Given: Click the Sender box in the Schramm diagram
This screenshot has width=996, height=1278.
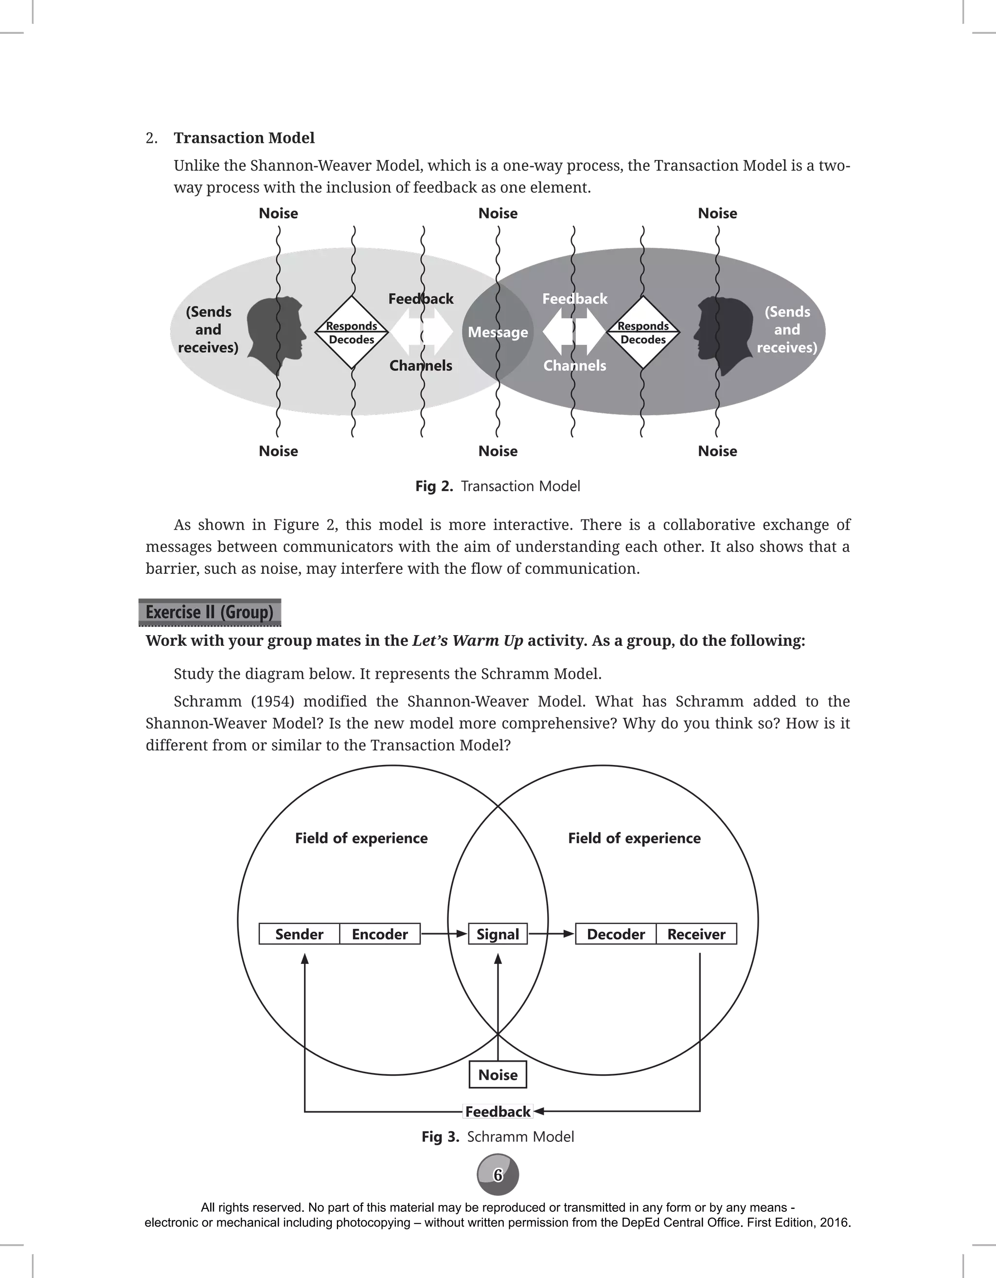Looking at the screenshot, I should (299, 934).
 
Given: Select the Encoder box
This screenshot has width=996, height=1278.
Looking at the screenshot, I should (380, 934).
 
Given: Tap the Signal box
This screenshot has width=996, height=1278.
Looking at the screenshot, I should (498, 934).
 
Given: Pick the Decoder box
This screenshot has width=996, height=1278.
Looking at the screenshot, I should (616, 934).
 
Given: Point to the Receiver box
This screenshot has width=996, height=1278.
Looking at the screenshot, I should (696, 934).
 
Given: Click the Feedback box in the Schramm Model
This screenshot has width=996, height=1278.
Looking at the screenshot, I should (498, 1111).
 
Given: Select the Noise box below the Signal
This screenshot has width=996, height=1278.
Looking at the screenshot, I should (498, 1075).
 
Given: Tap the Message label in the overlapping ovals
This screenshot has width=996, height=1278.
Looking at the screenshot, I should (498, 332).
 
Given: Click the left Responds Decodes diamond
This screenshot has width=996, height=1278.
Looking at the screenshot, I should (352, 332).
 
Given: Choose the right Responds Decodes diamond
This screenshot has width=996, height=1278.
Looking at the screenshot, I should (643, 332).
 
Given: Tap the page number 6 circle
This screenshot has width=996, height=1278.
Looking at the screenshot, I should (498, 1175).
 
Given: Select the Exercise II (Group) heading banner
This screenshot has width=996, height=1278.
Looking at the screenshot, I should (210, 612).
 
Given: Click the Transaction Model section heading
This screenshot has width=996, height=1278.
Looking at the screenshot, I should (244, 138).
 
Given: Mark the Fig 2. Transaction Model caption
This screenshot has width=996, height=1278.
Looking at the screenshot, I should (498, 486).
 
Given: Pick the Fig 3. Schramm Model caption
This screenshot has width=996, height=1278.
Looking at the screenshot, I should (498, 1137).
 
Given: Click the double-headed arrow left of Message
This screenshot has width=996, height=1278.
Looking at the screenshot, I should (421, 332).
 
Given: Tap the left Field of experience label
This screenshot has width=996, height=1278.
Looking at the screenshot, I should (361, 838).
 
